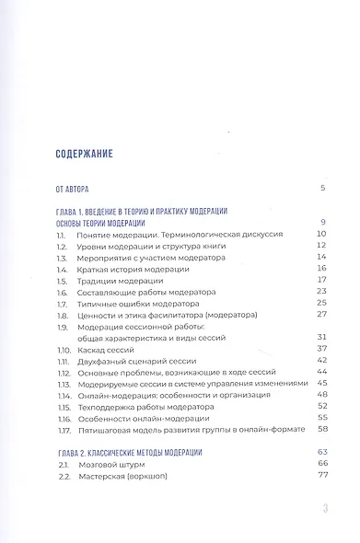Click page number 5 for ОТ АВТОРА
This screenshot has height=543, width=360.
(323, 188)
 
